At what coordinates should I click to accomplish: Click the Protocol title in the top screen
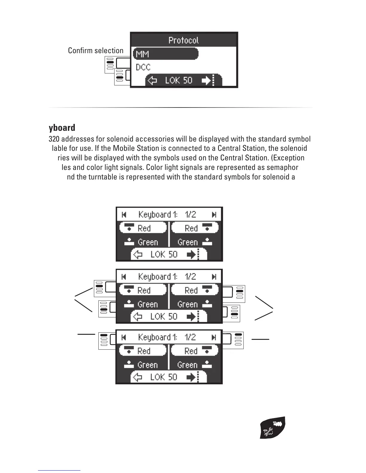tap(183, 40)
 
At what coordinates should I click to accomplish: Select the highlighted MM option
tap(165, 54)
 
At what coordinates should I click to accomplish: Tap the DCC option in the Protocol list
tap(143, 67)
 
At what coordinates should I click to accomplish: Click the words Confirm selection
tap(96, 50)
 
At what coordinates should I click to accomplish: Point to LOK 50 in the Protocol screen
tap(179, 80)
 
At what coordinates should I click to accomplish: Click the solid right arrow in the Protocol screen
tap(206, 80)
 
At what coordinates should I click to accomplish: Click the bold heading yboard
tap(62, 128)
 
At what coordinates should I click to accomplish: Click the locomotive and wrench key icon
tap(272, 428)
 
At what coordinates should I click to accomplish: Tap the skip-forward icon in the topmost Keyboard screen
tap(214, 214)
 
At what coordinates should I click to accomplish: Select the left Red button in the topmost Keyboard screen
tap(143, 228)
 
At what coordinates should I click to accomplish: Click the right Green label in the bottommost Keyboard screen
tap(187, 365)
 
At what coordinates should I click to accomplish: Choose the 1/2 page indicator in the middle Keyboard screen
tap(190, 277)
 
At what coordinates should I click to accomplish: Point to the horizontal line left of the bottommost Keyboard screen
tap(86, 334)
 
